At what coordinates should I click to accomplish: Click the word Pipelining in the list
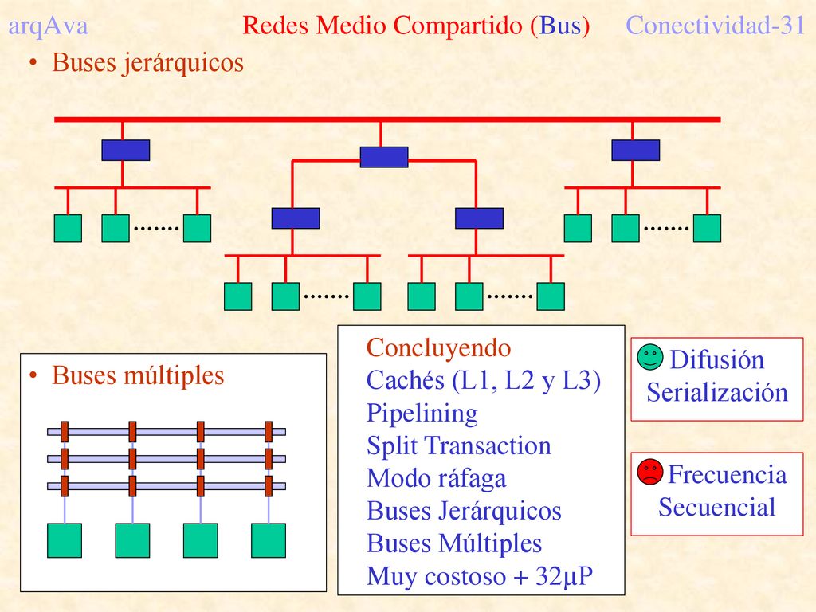tap(422, 414)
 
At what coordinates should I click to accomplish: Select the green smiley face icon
tap(650, 357)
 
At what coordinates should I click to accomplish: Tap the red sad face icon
tap(650, 472)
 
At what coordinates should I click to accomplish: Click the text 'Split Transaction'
tap(458, 446)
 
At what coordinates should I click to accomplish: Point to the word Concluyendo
tap(439, 347)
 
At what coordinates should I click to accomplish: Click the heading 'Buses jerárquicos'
tap(147, 63)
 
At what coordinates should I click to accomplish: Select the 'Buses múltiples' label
tap(138, 375)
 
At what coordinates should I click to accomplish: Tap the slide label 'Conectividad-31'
tap(716, 25)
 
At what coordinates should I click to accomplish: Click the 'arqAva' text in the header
tap(48, 26)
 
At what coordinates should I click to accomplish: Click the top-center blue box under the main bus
tap(384, 157)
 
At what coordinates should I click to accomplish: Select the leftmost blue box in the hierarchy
tap(125, 150)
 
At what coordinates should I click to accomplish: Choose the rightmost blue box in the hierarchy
tap(635, 150)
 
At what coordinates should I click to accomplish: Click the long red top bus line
tap(388, 120)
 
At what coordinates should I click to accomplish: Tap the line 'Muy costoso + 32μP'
tap(479, 577)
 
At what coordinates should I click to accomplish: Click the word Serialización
tap(717, 392)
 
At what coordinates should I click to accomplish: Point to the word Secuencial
tap(717, 507)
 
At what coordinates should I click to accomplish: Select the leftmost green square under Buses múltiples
tap(65, 541)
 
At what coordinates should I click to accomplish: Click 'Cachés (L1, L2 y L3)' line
tap(484, 381)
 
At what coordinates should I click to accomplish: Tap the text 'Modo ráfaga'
tap(436, 479)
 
